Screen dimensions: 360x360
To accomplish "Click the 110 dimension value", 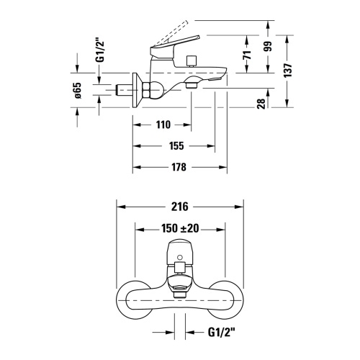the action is [x=163, y=125].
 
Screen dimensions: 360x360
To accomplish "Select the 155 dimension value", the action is [x=176, y=146].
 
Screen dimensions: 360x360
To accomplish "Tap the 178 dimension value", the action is [x=179, y=167].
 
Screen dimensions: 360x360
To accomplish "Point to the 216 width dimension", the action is [x=180, y=207].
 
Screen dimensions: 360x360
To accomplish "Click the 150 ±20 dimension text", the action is [x=180, y=228].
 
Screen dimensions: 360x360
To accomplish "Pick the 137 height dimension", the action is [x=288, y=70].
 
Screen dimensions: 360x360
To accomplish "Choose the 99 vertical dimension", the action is [x=268, y=46].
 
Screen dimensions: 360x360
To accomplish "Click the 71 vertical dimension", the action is [x=247, y=55].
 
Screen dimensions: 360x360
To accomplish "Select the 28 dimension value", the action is [x=261, y=104].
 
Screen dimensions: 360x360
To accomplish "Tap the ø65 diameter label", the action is [x=78, y=91].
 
